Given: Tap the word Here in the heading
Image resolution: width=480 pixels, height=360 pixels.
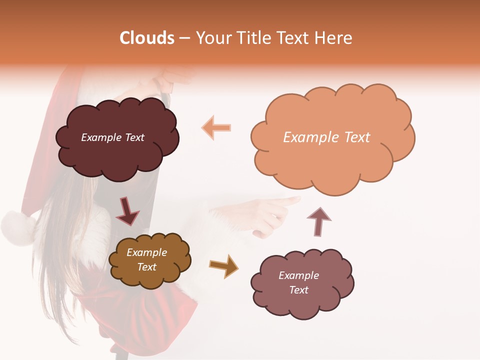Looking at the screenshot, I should [x=334, y=38].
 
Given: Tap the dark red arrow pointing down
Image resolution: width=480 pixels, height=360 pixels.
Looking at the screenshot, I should [x=127, y=211].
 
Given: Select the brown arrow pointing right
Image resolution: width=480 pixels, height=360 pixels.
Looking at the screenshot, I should [x=224, y=266].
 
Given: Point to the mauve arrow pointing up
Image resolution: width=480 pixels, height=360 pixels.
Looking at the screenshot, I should [x=318, y=221].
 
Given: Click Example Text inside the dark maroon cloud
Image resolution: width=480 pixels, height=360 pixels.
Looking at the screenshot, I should [x=112, y=137].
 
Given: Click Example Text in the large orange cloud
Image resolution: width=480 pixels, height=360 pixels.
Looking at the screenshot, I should [x=326, y=137].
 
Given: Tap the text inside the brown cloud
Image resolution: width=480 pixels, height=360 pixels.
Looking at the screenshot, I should [x=146, y=259].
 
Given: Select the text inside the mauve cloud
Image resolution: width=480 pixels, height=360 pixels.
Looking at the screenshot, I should [x=298, y=282].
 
